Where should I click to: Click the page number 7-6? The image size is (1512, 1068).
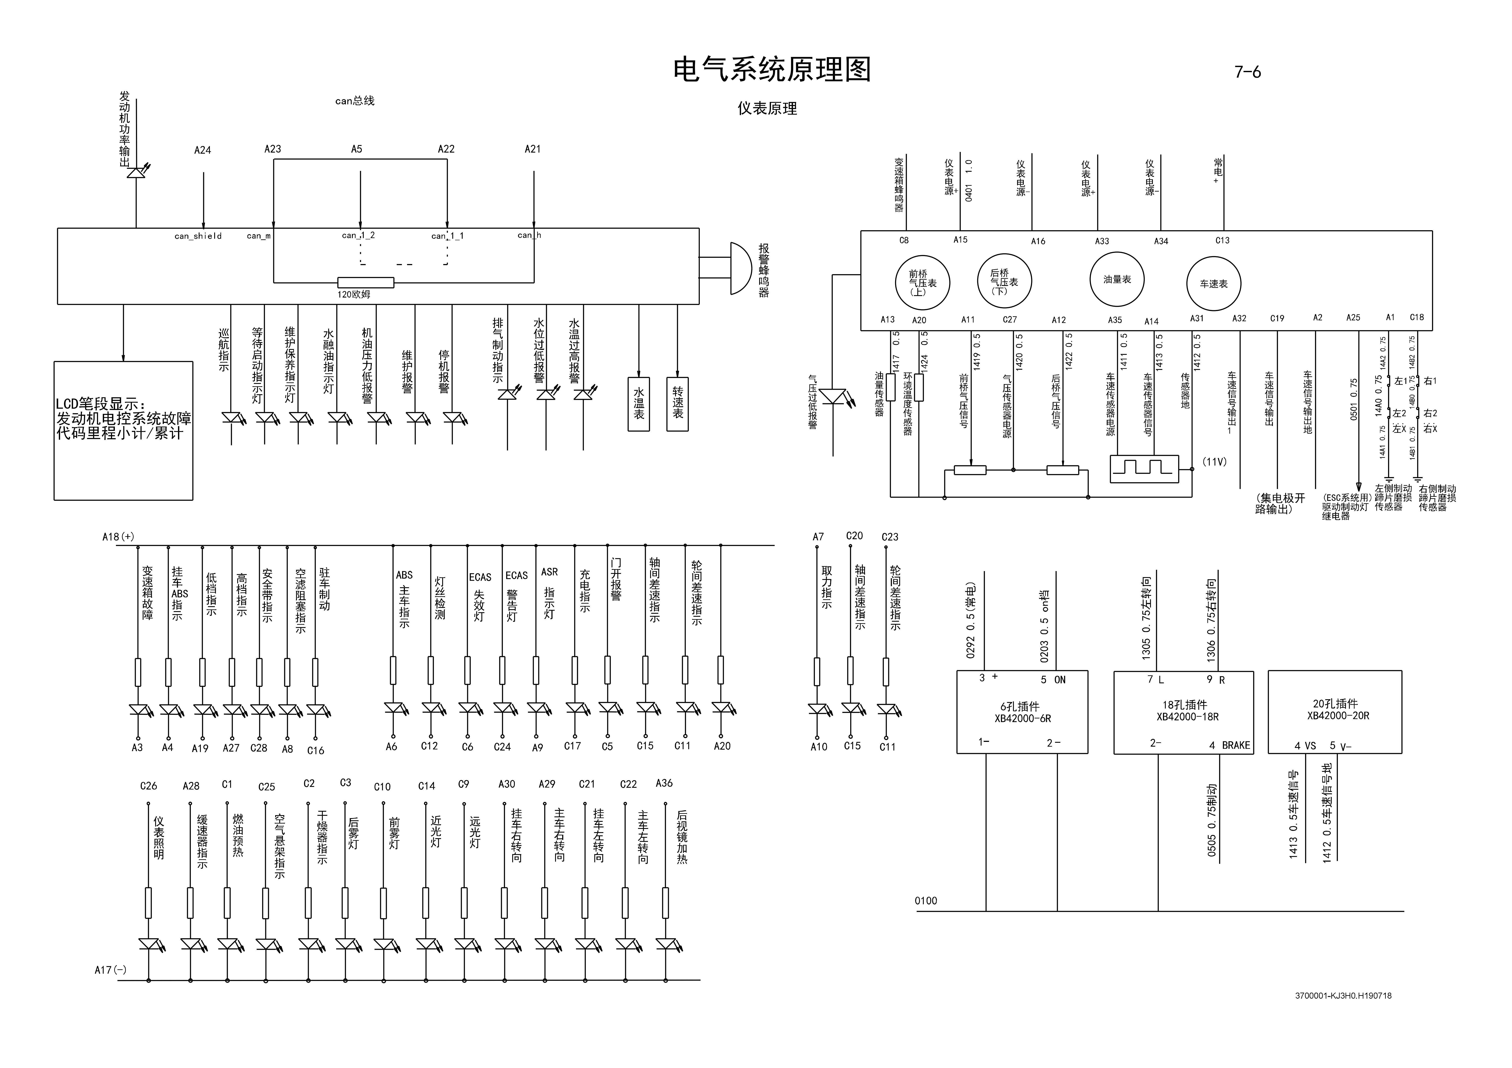coord(1247,72)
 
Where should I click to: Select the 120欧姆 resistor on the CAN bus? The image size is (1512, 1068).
coord(365,282)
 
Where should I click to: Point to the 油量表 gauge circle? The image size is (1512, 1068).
coord(1117,280)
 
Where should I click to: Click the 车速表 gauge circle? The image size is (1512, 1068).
coord(1213,284)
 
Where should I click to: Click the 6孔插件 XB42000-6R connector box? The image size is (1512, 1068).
coord(1021,712)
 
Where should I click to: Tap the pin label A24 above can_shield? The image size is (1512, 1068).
coord(202,150)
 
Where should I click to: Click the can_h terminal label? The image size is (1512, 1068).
coord(529,235)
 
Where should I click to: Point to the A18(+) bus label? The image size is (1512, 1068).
coord(118,537)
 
